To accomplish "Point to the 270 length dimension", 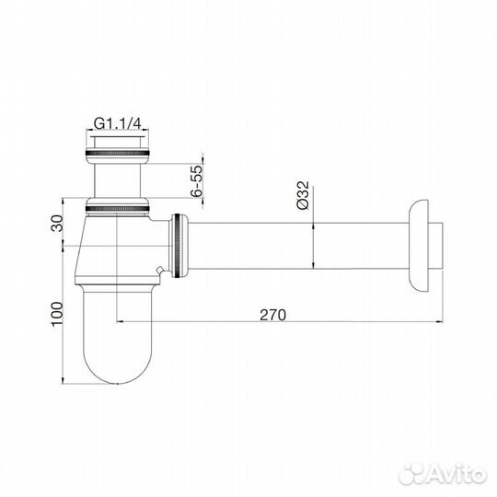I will pyautogui.click(x=273, y=314).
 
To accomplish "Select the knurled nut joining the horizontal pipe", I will pyautogui.click(x=179, y=244).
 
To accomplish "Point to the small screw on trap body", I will pyautogui.click(x=162, y=271).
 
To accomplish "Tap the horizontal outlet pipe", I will pyautogui.click(x=295, y=244).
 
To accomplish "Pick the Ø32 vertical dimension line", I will pyautogui.click(x=316, y=244).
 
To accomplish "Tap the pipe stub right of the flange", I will pyautogui.click(x=441, y=244).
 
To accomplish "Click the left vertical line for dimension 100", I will pyautogui.click(x=64, y=313).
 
